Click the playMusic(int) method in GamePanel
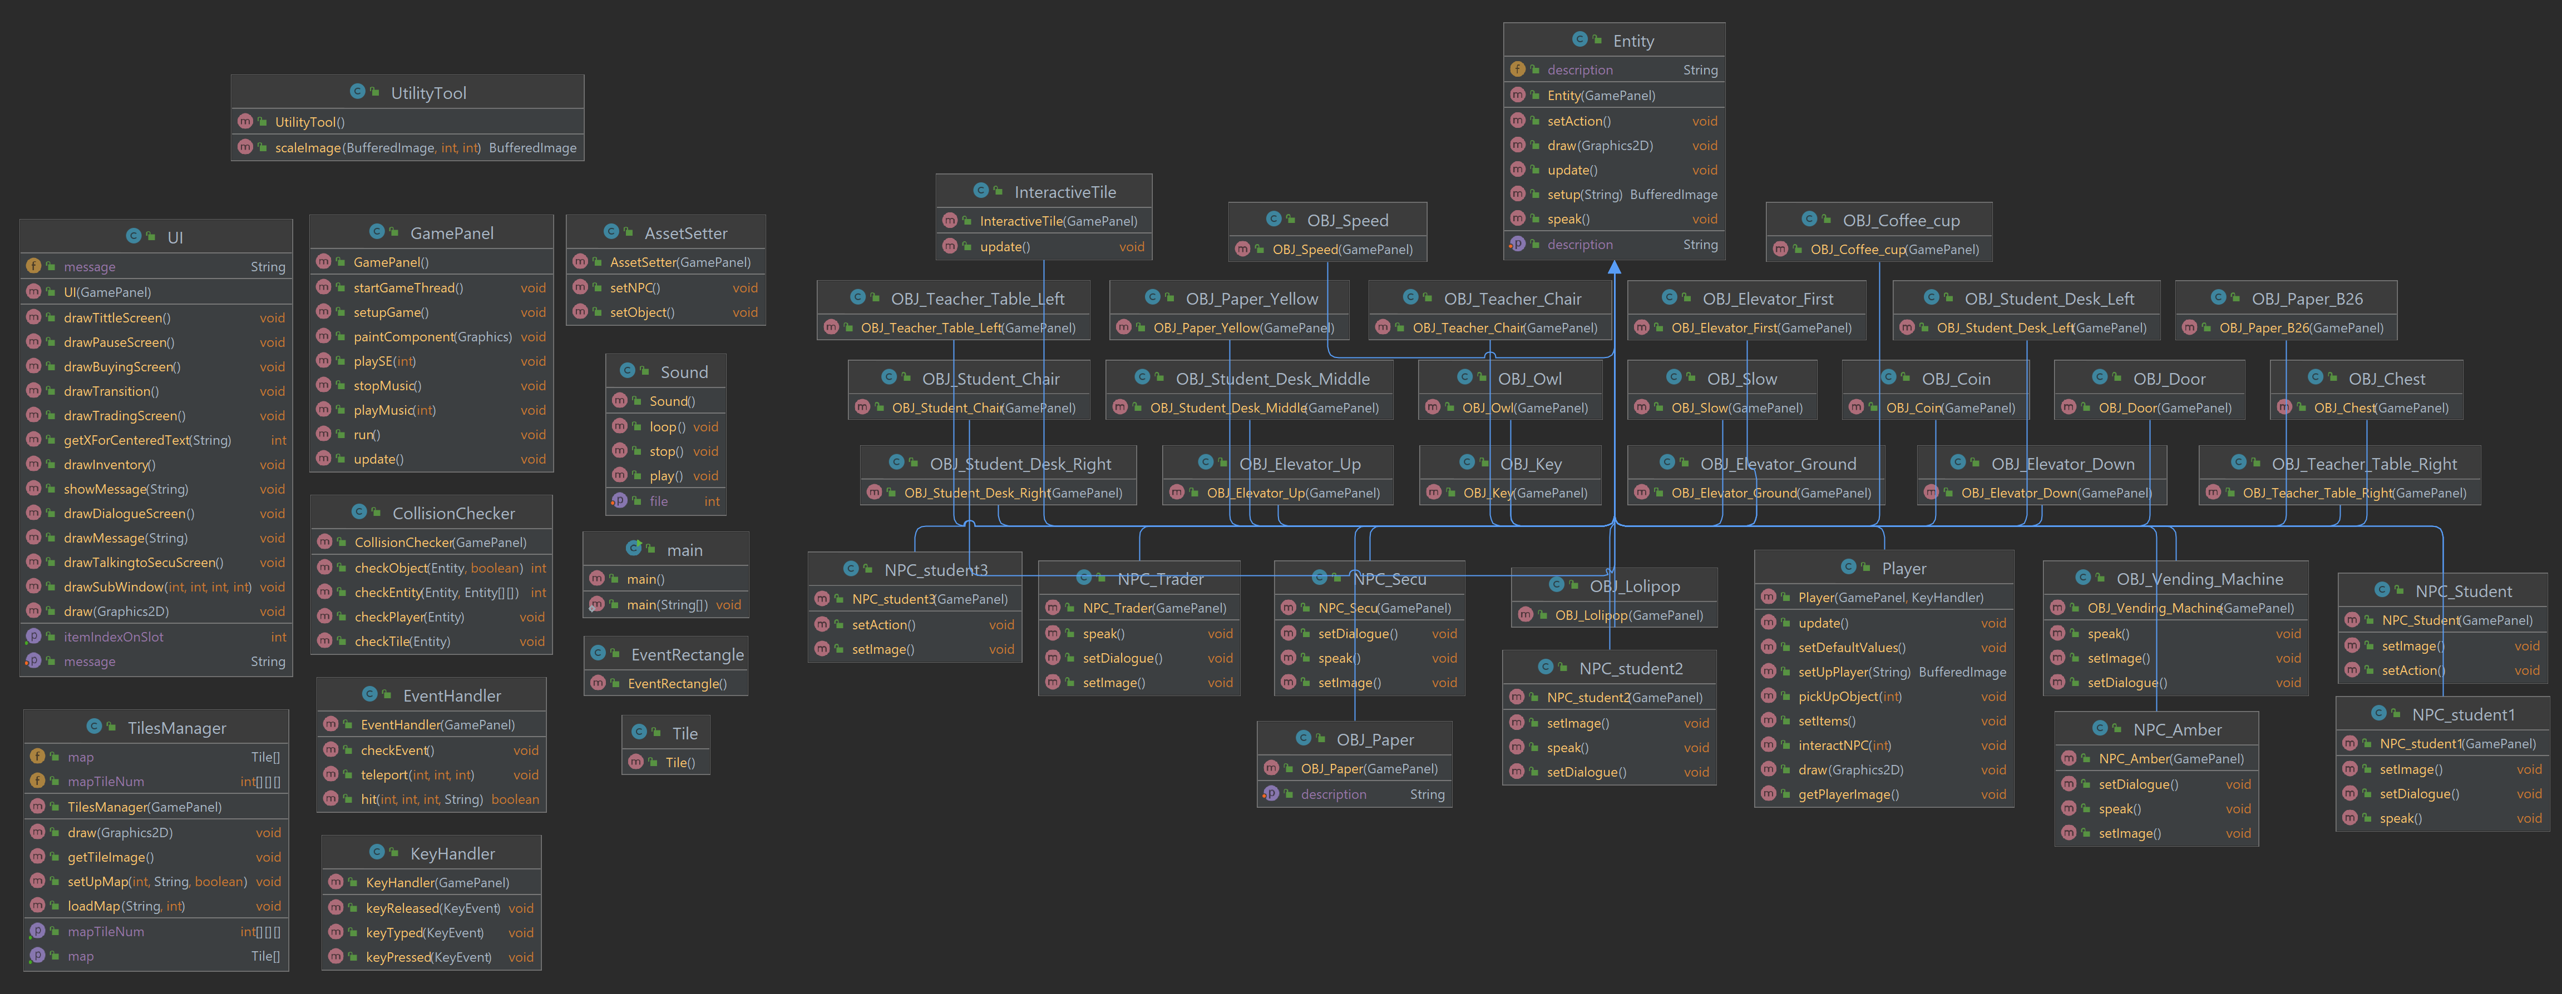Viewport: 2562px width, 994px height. click(395, 410)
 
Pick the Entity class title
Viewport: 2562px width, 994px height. click(1633, 41)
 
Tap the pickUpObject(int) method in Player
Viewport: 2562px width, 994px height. click(1850, 697)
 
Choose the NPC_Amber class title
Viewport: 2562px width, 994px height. click(2177, 729)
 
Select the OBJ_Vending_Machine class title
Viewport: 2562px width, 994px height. click(2198, 579)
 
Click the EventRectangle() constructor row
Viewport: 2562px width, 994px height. click(677, 684)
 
